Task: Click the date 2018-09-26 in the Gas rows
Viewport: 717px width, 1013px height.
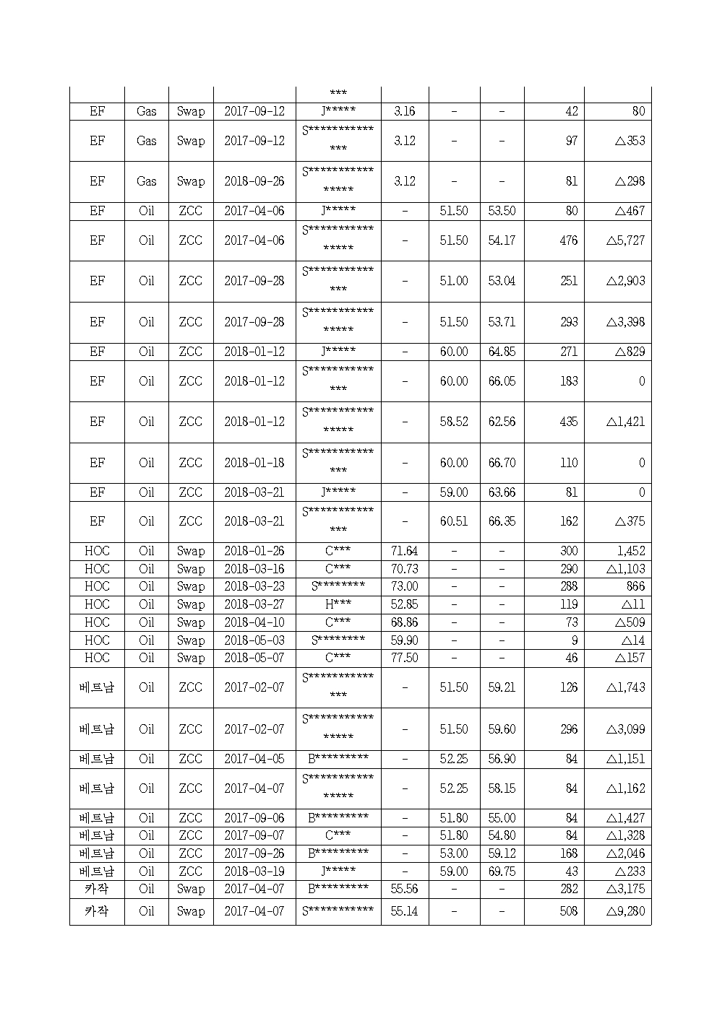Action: [254, 181]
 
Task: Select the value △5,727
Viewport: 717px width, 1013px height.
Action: [625, 240]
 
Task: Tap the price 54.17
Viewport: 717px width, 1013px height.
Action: [501, 240]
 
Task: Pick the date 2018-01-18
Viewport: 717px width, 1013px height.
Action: [254, 463]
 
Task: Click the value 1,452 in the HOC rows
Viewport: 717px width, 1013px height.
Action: [630, 551]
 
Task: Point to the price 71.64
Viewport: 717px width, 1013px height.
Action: [404, 551]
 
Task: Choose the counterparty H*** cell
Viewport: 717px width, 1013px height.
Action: [338, 604]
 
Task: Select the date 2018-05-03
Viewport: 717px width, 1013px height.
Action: [254, 640]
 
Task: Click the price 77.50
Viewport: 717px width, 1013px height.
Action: [404, 658]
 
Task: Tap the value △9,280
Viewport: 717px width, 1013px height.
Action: [625, 911]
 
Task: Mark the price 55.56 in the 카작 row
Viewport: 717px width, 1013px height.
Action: [404, 889]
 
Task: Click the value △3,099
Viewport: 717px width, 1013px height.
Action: [625, 729]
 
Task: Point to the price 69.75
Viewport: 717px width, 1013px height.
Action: [501, 871]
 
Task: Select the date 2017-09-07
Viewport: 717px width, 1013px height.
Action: [254, 835]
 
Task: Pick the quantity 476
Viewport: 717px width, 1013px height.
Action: [568, 240]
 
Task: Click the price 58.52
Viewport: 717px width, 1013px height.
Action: [453, 422]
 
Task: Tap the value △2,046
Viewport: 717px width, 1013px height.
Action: [625, 853]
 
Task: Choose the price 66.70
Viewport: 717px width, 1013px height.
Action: [501, 463]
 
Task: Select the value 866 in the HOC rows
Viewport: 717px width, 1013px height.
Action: [635, 586]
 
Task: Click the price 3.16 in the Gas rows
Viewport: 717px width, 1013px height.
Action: [404, 111]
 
